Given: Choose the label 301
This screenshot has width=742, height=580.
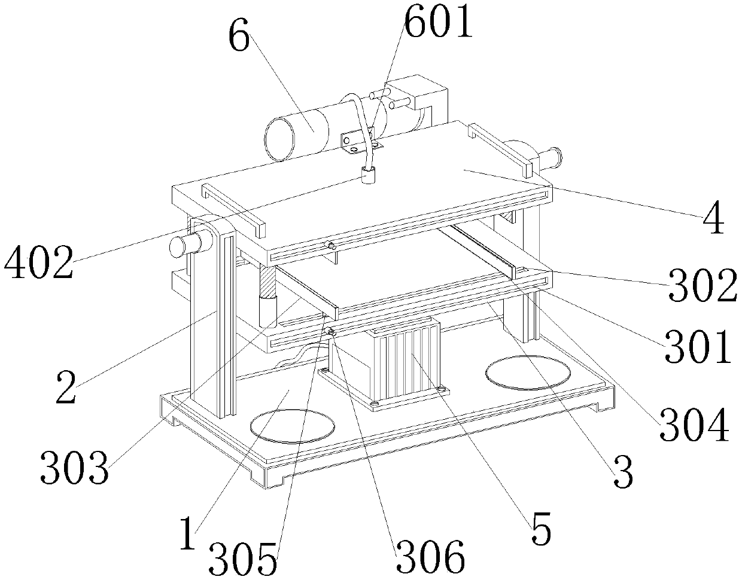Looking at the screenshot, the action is pyautogui.click(x=698, y=347).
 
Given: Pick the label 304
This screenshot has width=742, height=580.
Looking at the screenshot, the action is pyautogui.click(x=694, y=425).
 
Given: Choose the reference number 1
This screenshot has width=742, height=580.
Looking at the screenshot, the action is pyautogui.click(x=188, y=533).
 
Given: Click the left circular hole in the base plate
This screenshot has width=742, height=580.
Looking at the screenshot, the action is pyautogui.click(x=292, y=426).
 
